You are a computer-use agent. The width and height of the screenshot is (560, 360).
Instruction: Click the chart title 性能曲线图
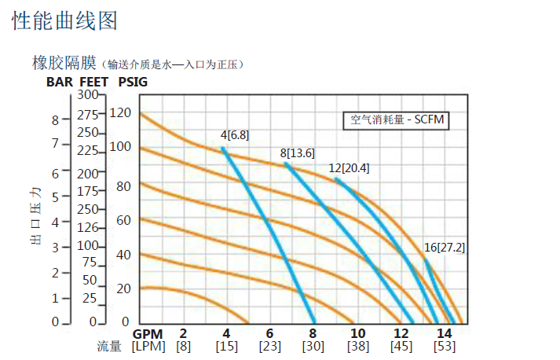(65, 20)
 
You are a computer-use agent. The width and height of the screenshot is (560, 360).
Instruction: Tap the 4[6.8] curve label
(235, 135)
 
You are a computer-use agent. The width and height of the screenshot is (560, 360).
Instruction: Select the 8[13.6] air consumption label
(297, 152)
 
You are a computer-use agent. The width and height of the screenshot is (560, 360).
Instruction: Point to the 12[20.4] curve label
(349, 168)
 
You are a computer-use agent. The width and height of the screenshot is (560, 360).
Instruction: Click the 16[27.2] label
(445, 247)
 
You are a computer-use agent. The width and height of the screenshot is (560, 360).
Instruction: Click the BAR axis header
(60, 81)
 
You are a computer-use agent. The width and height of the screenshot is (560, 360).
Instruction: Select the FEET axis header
(93, 81)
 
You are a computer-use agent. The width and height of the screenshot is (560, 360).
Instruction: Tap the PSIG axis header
(132, 81)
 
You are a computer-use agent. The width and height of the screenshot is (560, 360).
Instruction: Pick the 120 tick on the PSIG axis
(119, 112)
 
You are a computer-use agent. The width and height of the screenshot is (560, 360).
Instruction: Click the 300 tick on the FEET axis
(89, 95)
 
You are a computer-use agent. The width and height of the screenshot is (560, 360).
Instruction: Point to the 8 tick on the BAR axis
(55, 120)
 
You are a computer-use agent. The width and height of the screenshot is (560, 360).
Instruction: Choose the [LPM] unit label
(147, 347)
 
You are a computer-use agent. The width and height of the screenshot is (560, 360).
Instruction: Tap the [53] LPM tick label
(445, 347)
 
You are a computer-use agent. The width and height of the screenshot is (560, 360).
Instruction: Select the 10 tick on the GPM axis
(357, 333)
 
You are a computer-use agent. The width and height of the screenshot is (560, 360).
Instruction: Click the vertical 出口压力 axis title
(35, 217)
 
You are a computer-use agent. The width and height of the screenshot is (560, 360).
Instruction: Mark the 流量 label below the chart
(109, 347)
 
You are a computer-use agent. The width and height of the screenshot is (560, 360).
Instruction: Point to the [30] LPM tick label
(313, 347)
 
